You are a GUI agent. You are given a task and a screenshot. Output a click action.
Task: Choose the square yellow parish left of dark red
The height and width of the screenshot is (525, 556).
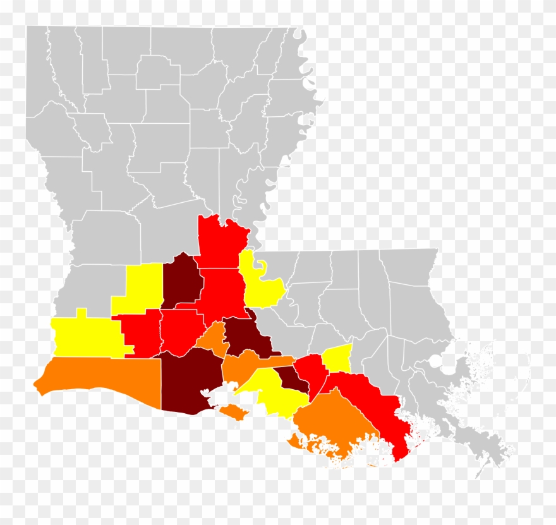coord(144,287)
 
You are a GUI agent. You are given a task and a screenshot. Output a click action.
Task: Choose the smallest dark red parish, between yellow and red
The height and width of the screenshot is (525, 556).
coord(291,378)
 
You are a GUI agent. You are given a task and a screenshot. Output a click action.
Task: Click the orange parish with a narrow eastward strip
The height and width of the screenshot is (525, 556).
coord(243,365)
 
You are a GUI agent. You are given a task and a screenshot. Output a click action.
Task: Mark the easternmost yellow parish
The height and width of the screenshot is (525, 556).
coord(338,358)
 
